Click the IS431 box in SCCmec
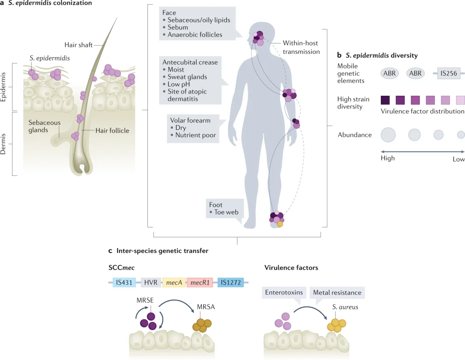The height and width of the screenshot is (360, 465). point(124,282)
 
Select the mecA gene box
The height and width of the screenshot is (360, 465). point(174,282)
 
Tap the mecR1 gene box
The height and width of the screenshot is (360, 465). point(200,282)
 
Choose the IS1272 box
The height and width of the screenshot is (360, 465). point(231,282)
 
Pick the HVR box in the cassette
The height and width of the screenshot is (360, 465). point(151,282)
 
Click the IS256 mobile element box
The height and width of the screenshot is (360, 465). point(449,73)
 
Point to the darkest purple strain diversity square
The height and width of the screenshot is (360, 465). point(385,100)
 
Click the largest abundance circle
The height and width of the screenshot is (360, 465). point(388,135)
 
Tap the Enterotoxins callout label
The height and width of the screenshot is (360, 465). point(284,293)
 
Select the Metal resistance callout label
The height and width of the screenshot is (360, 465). point(337,293)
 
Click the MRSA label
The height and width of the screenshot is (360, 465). point(206,307)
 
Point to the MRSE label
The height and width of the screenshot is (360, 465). point(145,300)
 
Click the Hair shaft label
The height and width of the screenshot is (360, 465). point(79,45)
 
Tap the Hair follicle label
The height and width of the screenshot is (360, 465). point(113,131)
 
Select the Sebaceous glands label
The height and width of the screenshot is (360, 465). point(45,126)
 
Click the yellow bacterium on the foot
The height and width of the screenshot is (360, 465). point(280,224)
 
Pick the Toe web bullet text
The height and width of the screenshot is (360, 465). point(226,212)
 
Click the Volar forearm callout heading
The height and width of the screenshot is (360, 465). point(190,120)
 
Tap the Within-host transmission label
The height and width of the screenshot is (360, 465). point(301,47)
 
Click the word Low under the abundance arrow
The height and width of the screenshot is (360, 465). point(458,159)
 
